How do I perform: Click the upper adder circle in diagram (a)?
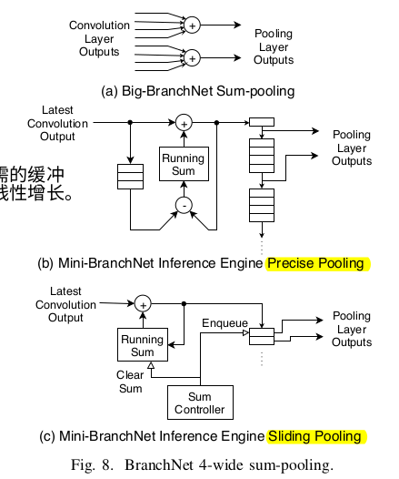click(192, 27)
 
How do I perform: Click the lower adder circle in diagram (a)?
click(192, 58)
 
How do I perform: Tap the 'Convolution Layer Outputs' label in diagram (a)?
click(99, 39)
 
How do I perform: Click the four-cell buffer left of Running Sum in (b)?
click(130, 177)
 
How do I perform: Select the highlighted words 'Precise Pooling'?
click(314, 263)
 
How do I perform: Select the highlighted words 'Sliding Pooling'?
click(314, 436)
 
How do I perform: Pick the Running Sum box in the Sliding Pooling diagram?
click(142, 346)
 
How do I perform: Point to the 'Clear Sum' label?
click(131, 381)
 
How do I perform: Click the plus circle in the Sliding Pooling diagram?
click(142, 304)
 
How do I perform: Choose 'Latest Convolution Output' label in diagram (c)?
click(65, 304)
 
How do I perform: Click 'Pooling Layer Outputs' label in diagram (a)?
click(274, 46)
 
